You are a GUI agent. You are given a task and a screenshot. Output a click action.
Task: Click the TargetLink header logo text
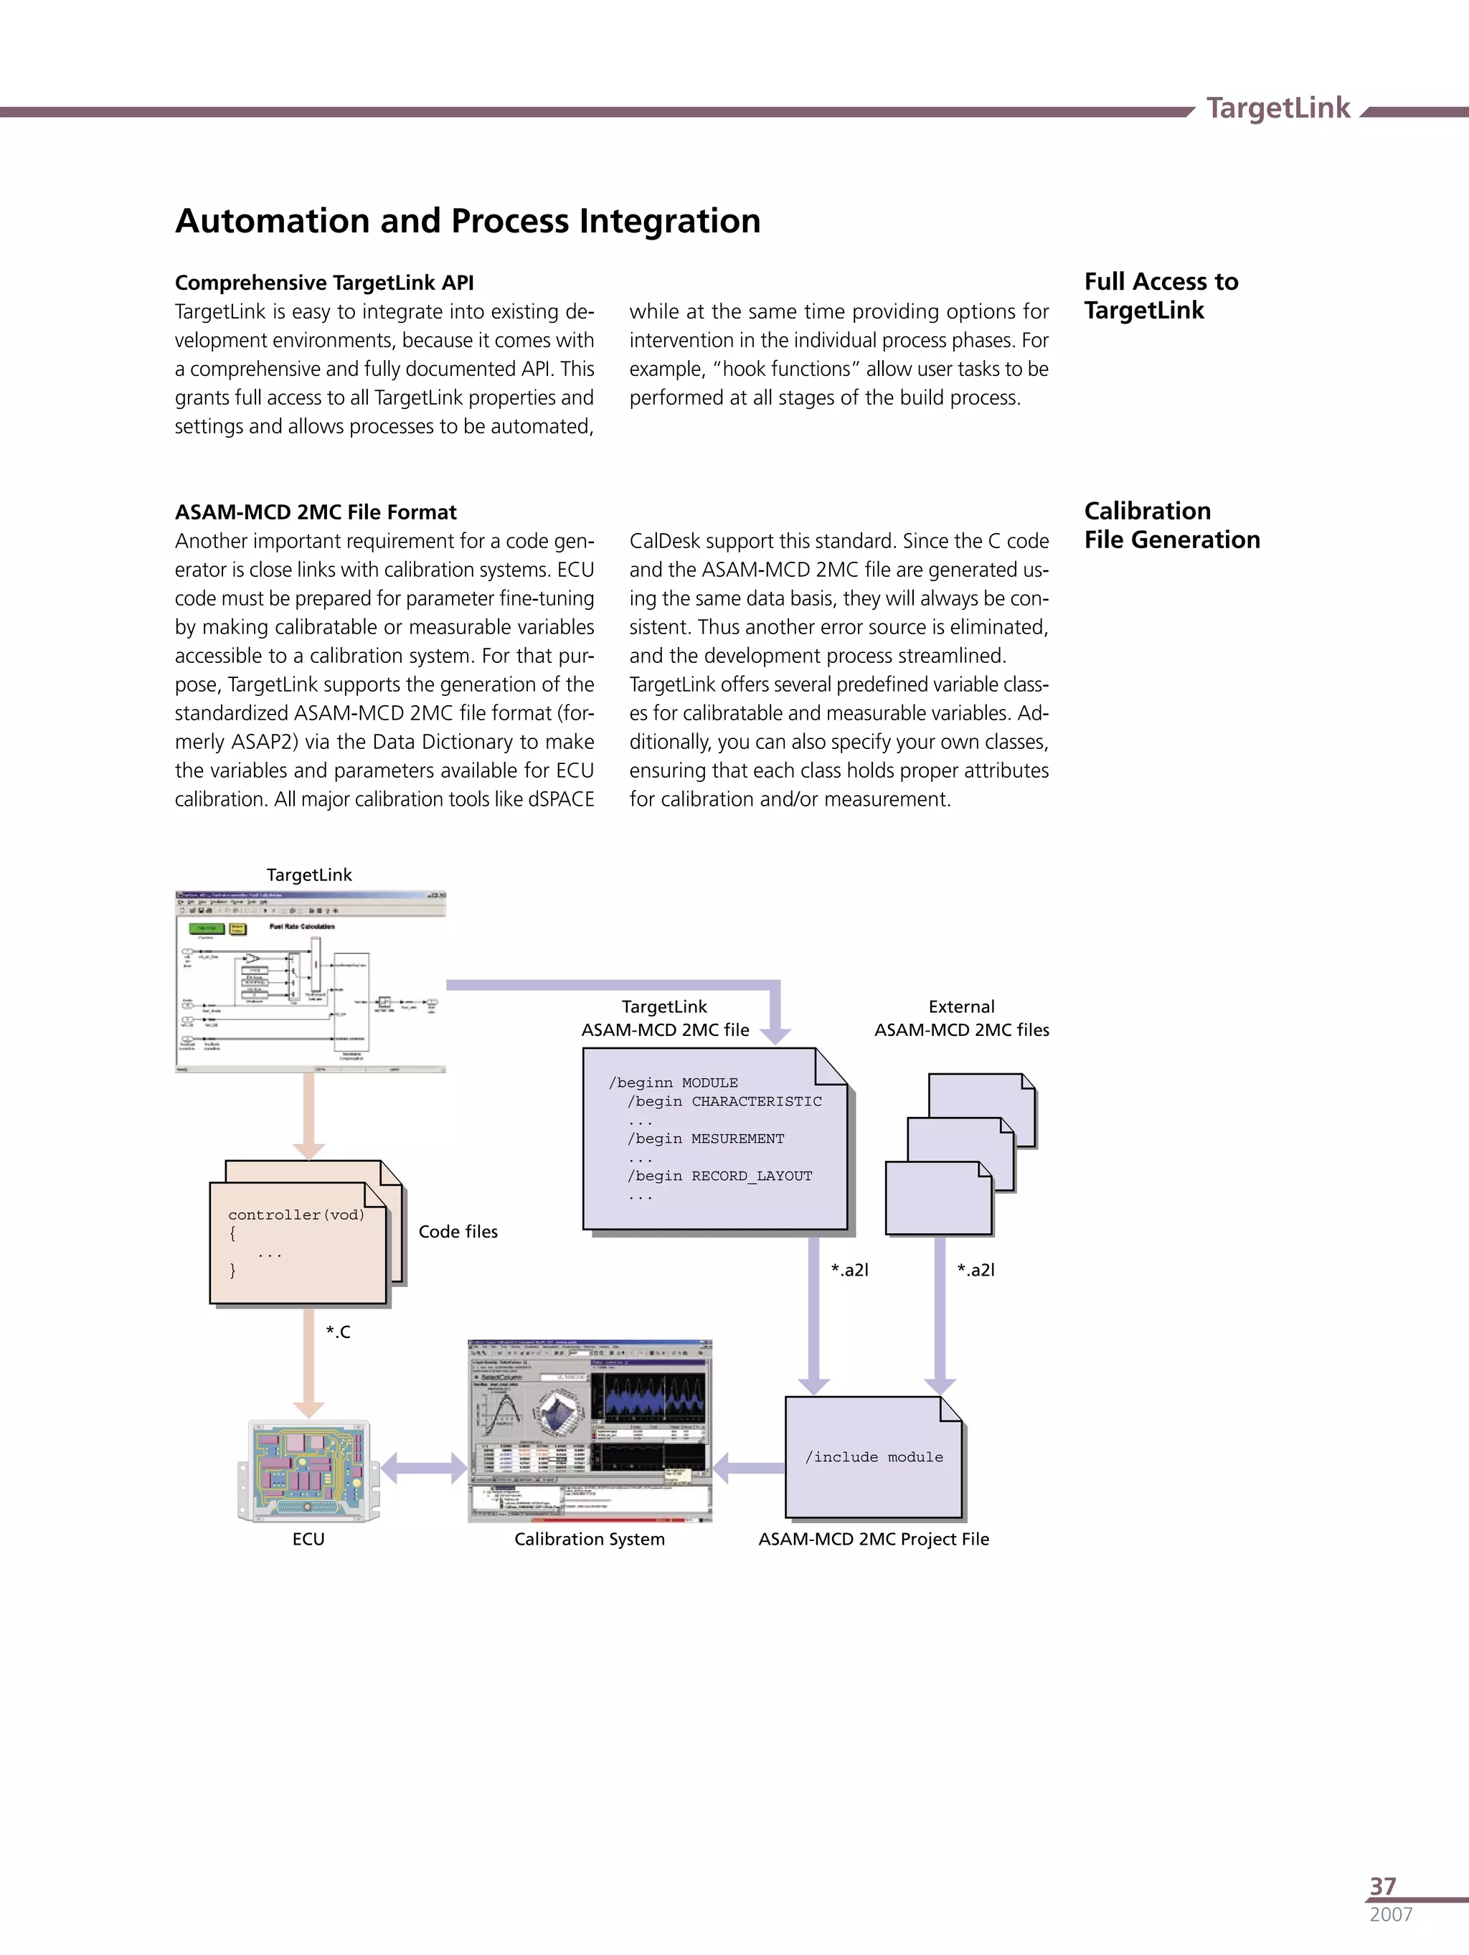coord(1277,108)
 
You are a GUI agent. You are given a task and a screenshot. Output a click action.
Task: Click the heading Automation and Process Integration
coord(468,221)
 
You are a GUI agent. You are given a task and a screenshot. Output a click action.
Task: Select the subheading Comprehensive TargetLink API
coord(324,283)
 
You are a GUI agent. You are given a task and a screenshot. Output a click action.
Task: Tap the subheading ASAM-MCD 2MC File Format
coord(316,513)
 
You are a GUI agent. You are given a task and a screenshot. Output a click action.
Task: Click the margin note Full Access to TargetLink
coord(1161,296)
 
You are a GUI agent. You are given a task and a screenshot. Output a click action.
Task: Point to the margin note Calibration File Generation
coord(1171,525)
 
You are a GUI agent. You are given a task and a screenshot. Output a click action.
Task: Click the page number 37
coord(1382,1886)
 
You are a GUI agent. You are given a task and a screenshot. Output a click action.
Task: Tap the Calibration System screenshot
coord(590,1431)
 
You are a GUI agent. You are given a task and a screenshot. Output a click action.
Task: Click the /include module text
coord(873,1456)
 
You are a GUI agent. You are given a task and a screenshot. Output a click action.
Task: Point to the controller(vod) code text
coord(296,1215)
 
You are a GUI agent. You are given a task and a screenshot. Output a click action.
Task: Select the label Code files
coord(458,1231)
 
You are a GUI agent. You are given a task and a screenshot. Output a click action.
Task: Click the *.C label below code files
coord(338,1332)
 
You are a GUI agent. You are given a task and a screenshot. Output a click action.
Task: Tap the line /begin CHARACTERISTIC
coord(724,1101)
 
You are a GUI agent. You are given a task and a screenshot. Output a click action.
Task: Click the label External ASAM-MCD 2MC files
coord(962,1018)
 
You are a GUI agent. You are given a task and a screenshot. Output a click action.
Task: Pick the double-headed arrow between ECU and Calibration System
coord(423,1468)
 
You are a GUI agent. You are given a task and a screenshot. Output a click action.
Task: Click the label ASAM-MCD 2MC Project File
coord(873,1539)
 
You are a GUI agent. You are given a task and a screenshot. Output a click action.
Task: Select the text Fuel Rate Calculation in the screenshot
coord(302,926)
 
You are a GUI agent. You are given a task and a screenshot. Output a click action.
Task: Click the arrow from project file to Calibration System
coord(747,1468)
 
